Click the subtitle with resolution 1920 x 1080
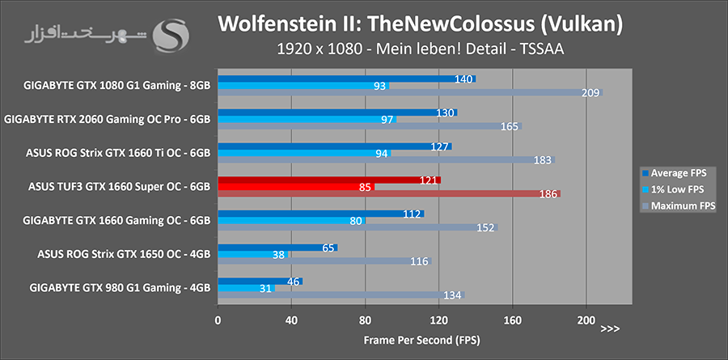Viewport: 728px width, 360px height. pos(420,49)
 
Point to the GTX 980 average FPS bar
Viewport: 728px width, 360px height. pos(260,281)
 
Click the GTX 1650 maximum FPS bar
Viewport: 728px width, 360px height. pos(324,261)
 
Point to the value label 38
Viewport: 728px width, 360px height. pos(278,254)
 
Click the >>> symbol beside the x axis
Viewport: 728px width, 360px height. pos(611,328)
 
